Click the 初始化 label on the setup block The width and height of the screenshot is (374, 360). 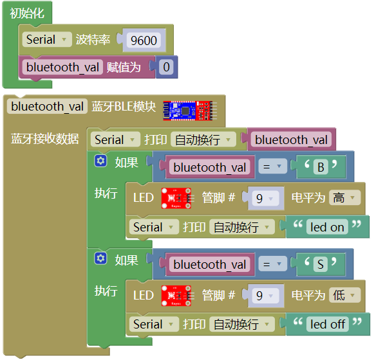point(27,13)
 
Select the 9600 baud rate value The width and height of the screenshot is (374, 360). point(144,40)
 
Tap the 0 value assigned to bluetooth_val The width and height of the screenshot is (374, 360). point(166,67)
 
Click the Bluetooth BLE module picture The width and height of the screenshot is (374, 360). point(190,111)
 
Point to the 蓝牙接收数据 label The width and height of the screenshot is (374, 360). point(44,139)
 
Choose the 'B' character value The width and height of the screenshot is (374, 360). point(321,166)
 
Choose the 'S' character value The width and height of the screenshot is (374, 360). point(321,264)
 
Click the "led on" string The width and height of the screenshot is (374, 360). point(327,227)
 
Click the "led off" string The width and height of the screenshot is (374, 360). point(328,324)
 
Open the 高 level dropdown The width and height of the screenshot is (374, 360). point(344,197)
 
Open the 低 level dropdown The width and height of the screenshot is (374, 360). point(344,295)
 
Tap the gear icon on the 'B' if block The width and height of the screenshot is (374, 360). point(100,161)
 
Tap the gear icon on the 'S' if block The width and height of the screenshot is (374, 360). point(100,258)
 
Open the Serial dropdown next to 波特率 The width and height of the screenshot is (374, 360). point(47,39)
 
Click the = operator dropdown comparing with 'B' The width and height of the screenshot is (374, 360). point(273,166)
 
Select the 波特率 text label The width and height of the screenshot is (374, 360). point(93,40)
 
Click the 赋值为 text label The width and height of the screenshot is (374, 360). point(124,67)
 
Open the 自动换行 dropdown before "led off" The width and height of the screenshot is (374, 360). point(242,324)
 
